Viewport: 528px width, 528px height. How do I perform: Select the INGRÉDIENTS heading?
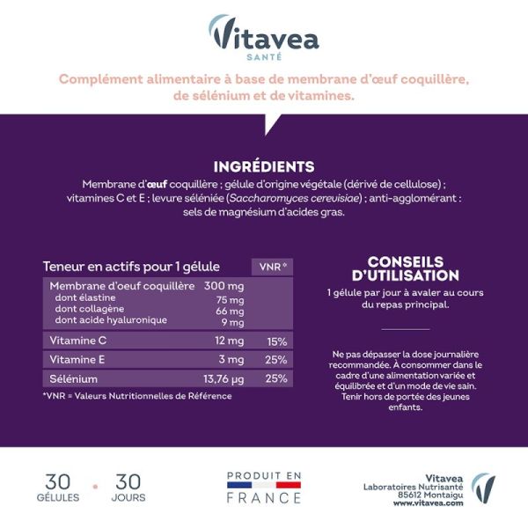264,166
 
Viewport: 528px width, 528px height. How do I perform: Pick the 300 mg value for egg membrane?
224,286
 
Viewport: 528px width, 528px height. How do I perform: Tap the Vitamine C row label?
77,341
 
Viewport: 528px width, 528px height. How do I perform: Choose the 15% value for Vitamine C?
276,341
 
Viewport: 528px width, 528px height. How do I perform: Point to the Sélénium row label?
74,378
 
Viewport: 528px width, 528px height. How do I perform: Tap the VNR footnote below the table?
136,396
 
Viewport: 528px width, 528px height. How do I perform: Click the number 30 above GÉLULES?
58,481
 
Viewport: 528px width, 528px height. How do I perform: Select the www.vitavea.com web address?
429,502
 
